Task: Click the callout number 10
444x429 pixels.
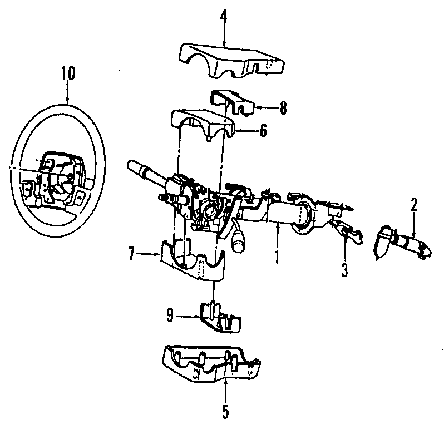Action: [x=67, y=73]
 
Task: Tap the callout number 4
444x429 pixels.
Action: [x=223, y=17]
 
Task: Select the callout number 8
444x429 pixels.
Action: [x=283, y=108]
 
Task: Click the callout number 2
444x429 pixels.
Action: [x=413, y=204]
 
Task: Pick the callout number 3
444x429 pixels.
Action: [x=344, y=270]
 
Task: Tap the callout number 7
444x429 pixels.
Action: [x=131, y=254]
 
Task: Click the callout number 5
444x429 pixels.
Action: [x=225, y=412]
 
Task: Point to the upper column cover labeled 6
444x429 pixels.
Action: [x=203, y=125]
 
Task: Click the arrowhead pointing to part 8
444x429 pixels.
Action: [x=257, y=108]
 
